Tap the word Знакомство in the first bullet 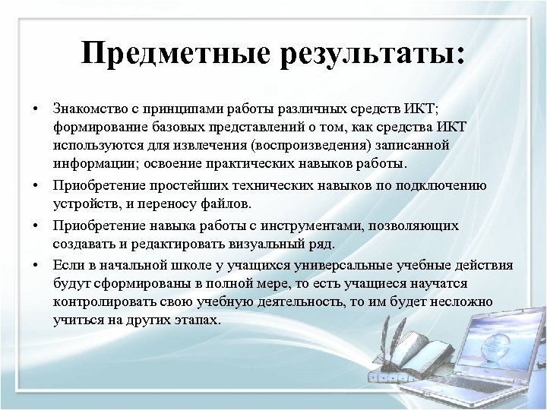87,106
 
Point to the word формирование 97,125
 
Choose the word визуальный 262,244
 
